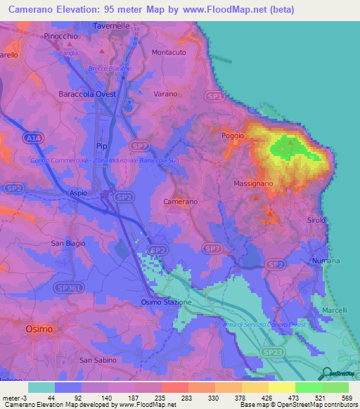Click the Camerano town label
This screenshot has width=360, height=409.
181,202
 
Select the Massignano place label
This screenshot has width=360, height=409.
253,183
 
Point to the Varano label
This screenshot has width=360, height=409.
166,93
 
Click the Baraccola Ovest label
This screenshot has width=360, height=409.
92,93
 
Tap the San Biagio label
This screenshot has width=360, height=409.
68,243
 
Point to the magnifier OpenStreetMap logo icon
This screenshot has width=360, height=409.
327,374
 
